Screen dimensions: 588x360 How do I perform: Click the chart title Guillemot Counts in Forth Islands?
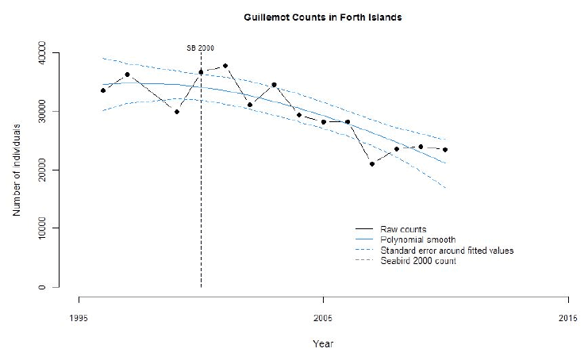(323, 17)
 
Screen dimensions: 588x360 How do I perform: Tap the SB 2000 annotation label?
(200, 48)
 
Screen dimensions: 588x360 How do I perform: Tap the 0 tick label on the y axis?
(41, 287)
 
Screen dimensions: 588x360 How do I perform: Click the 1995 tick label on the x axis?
(79, 318)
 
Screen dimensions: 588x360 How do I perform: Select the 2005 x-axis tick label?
(323, 318)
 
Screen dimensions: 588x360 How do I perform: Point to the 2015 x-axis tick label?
(567, 318)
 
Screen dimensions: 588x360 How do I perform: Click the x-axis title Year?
(323, 343)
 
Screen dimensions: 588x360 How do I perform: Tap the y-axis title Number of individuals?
(17, 170)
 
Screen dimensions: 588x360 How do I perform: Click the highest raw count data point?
(225, 66)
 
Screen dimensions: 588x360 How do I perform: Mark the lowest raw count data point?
(372, 164)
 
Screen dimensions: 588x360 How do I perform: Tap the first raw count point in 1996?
(103, 90)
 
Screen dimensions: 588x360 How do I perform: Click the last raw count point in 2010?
(445, 149)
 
